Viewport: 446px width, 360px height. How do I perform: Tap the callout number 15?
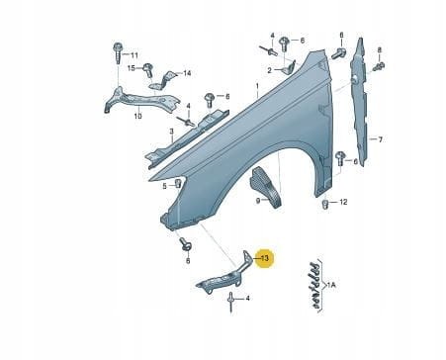click(132, 69)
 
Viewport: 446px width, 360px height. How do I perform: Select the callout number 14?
click(188, 74)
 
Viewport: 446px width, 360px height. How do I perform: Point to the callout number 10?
click(137, 116)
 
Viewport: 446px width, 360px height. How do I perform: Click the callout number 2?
click(268, 71)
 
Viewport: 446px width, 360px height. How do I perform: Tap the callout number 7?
click(380, 138)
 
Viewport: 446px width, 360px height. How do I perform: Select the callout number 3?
click(171, 131)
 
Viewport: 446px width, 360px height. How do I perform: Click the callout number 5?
click(164, 185)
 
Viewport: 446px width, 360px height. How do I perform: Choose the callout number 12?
click(343, 203)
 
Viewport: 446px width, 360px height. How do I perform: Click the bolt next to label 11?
click(118, 48)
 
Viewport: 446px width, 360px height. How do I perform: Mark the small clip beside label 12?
click(326, 205)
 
